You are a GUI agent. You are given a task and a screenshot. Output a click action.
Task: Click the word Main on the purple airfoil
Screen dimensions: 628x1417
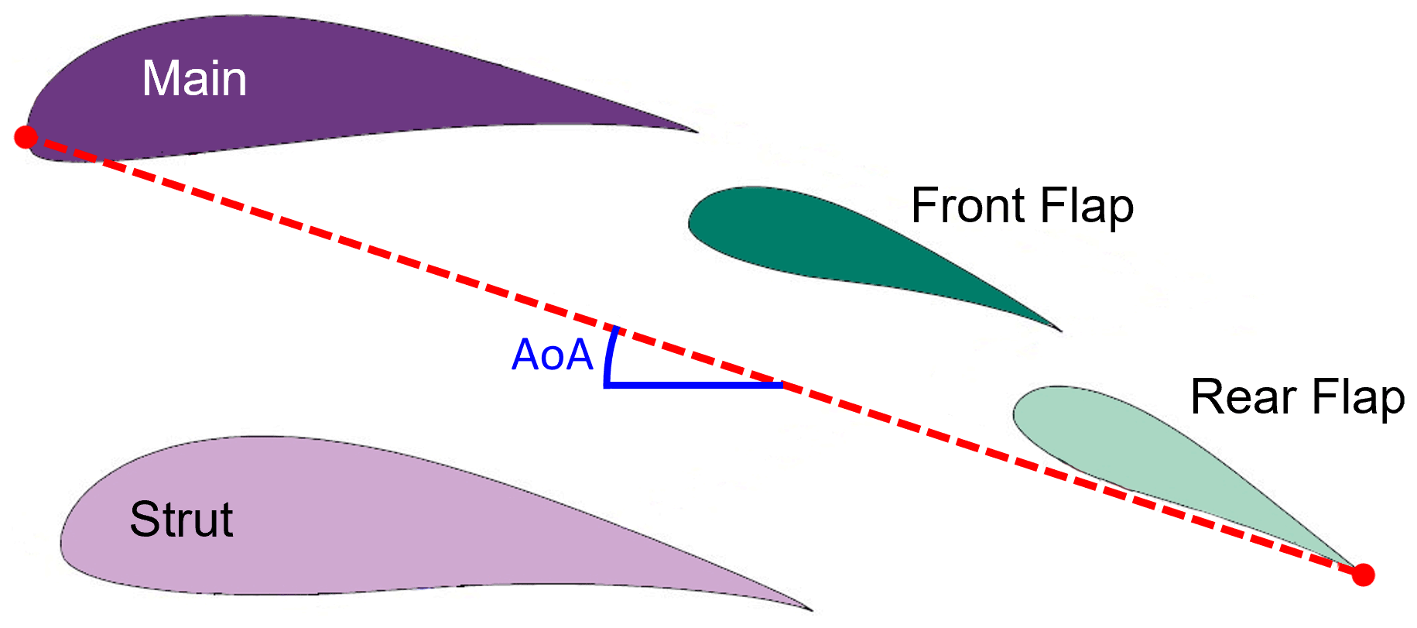click(x=194, y=79)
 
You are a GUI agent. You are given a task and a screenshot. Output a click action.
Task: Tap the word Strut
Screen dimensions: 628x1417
click(x=181, y=519)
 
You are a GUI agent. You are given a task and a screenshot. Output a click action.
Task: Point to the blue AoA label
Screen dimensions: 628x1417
click(x=552, y=355)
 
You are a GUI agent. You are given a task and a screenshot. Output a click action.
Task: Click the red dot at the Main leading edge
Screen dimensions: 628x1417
click(x=26, y=137)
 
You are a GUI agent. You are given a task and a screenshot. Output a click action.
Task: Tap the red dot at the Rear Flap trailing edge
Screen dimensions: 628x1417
click(x=1363, y=575)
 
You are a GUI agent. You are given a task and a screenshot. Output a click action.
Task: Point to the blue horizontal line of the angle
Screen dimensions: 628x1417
click(x=697, y=384)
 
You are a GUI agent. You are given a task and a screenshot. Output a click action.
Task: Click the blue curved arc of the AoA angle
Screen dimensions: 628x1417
click(x=610, y=356)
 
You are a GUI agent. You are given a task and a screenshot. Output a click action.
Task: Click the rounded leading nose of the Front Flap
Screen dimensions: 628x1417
click(x=691, y=221)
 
